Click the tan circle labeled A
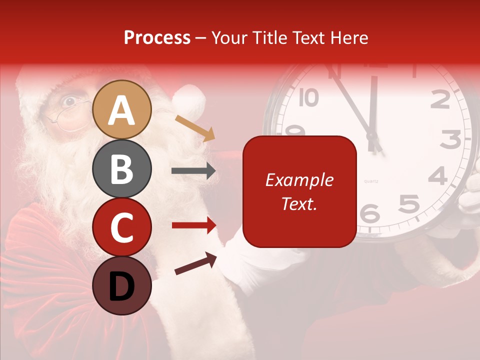122,110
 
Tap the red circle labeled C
122,227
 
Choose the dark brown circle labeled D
122,285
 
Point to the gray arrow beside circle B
193,171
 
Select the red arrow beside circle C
193,225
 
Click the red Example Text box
299,191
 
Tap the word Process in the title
157,37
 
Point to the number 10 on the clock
308,97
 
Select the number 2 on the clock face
440,100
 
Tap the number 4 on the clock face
437,176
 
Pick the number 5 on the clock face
408,203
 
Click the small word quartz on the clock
371,180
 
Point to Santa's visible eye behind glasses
69,101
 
